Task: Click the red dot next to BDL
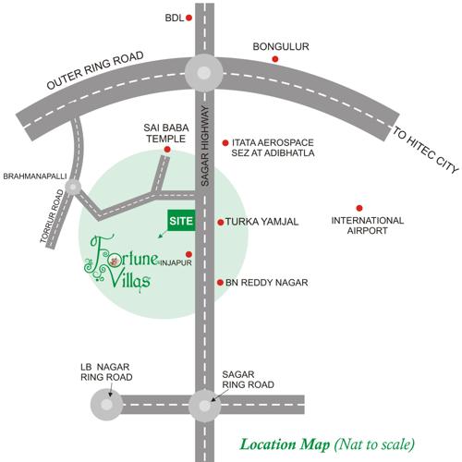tap(189, 18)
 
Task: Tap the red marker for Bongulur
tap(274, 60)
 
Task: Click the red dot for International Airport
tap(359, 207)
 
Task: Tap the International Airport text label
tap(368, 226)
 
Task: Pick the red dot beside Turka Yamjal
tap(220, 222)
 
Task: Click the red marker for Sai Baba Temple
tap(167, 149)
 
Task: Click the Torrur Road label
tap(53, 223)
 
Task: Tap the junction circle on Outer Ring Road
tap(202, 71)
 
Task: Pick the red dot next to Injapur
tap(188, 254)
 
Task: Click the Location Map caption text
tap(327, 443)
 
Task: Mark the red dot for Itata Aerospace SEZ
tap(225, 142)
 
